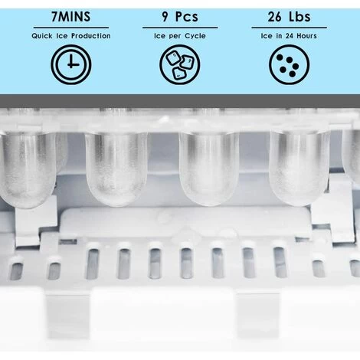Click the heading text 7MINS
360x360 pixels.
[71, 17]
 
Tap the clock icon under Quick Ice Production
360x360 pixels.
[71, 64]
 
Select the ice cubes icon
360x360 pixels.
[180, 64]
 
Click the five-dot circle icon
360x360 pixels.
[289, 64]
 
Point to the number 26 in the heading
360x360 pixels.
[274, 17]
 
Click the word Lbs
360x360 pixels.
[299, 17]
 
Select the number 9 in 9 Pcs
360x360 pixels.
[165, 17]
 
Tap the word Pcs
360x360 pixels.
[187, 17]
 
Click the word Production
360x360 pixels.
[91, 36]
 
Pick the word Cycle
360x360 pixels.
[195, 36]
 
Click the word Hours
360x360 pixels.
[306, 36]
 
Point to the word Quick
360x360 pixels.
[42, 36]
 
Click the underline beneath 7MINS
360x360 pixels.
[71, 28]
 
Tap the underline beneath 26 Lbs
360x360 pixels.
[289, 28]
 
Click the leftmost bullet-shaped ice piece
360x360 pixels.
[28, 169]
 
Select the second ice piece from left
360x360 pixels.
[116, 169]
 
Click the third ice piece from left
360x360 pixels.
[209, 169]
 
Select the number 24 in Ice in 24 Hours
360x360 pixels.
[289, 36]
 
